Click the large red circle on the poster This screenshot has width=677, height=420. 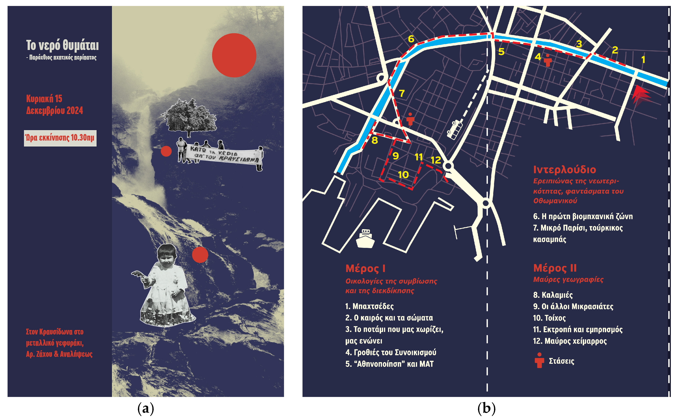(234, 55)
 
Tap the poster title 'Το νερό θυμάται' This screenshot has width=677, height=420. (62, 45)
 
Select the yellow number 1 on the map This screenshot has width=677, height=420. (643, 59)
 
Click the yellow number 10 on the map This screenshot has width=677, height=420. (403, 175)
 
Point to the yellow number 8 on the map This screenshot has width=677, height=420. (375, 140)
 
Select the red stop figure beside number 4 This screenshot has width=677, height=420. (548, 61)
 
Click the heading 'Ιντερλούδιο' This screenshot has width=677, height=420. (564, 169)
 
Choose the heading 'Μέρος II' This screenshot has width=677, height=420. (555, 268)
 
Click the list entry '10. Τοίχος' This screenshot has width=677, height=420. (549, 318)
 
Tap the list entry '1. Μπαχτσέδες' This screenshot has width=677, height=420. (369, 306)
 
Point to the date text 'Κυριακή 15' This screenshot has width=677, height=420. (44, 99)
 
